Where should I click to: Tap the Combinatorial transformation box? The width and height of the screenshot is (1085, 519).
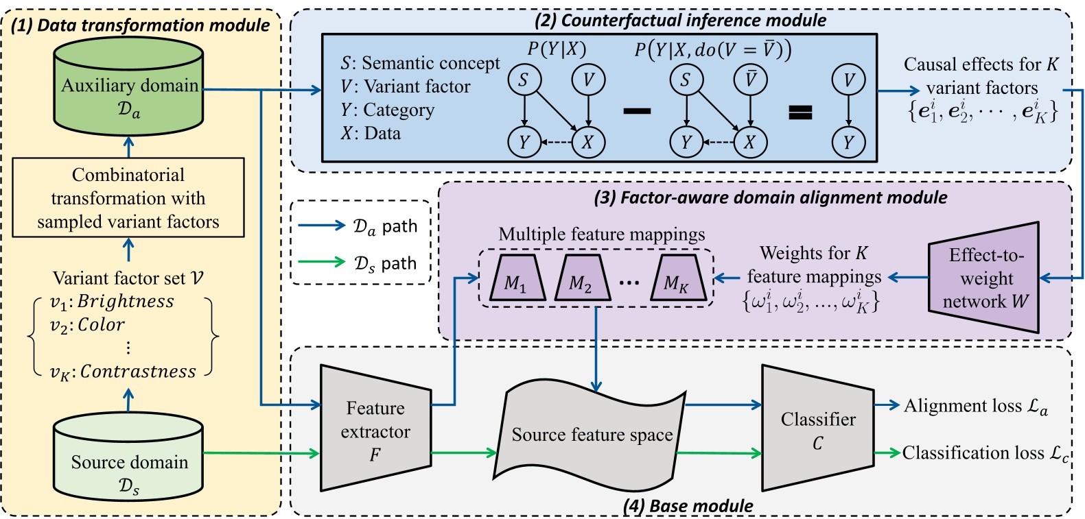click(128, 198)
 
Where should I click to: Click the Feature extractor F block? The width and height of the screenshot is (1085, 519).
click(375, 429)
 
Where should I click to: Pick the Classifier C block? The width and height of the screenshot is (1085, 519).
click(817, 429)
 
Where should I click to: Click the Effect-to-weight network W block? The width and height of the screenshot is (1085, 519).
click(985, 278)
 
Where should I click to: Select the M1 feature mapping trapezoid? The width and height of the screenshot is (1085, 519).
click(516, 279)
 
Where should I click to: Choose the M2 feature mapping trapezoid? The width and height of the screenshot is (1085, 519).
click(581, 279)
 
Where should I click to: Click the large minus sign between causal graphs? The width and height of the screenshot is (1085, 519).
click(637, 111)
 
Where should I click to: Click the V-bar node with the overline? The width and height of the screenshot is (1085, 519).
click(750, 80)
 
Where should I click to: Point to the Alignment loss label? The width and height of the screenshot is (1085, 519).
click(975, 406)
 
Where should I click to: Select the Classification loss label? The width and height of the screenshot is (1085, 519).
click(985, 453)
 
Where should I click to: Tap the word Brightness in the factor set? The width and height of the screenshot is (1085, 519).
click(126, 302)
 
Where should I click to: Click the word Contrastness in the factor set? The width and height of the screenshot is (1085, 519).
click(138, 372)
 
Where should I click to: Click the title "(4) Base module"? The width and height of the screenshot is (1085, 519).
click(688, 506)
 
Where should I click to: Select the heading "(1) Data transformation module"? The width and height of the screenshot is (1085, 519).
click(141, 25)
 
